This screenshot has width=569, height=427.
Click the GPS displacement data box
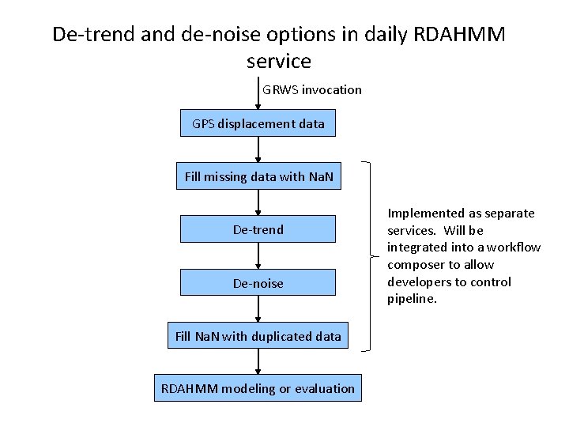tap(258, 124)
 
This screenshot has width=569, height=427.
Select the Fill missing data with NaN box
tap(258, 176)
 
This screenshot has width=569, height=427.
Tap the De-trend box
tap(258, 229)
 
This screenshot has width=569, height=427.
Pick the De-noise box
tap(258, 282)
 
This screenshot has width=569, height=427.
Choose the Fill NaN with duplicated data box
tap(258, 336)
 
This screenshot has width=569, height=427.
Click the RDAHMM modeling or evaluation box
tap(258, 388)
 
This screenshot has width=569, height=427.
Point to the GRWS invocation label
tap(312, 89)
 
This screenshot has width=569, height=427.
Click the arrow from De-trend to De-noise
tap(258, 255)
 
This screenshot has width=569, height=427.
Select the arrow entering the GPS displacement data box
tap(258, 95)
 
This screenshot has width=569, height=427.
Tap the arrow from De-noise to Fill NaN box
tap(258, 308)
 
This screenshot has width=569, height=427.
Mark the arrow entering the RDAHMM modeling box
tap(258, 362)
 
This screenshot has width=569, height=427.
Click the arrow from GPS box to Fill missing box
tap(258, 149)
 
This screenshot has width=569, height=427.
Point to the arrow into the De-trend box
tap(258, 202)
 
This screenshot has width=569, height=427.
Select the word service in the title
tap(278, 61)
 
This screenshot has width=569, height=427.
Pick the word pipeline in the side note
tap(412, 299)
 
